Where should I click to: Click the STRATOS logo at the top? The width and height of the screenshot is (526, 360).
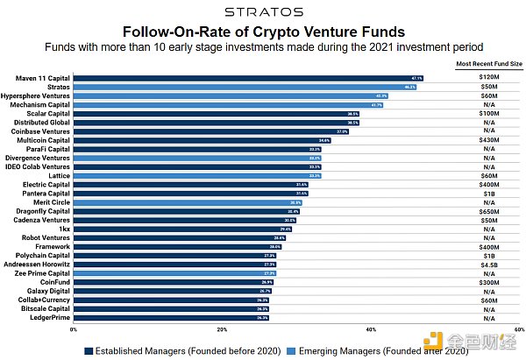[264, 11]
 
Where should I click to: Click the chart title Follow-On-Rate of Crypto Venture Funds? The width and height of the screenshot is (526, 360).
[263, 32]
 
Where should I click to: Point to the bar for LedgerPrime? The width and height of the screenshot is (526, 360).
[171, 317]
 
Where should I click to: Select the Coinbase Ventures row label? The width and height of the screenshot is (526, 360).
[39, 131]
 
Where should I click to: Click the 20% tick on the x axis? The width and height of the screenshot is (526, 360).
[222, 329]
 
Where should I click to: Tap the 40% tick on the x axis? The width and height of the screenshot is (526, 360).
[371, 329]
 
